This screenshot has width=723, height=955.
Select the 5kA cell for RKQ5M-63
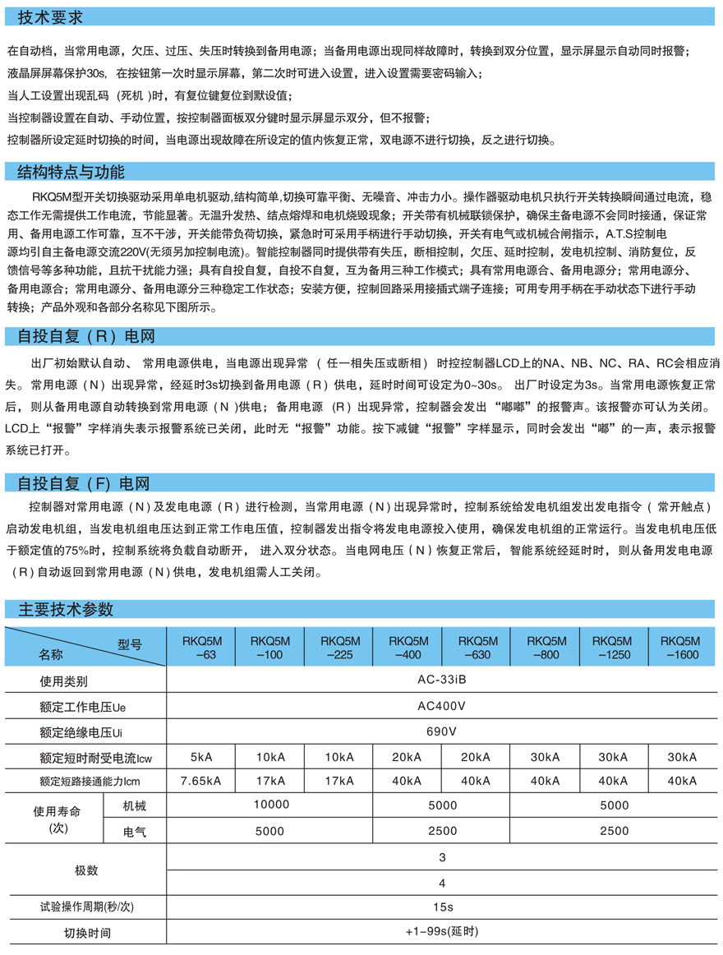200,756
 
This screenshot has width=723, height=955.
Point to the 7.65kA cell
200,781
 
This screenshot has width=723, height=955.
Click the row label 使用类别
63,681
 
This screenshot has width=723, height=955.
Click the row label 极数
86,870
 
